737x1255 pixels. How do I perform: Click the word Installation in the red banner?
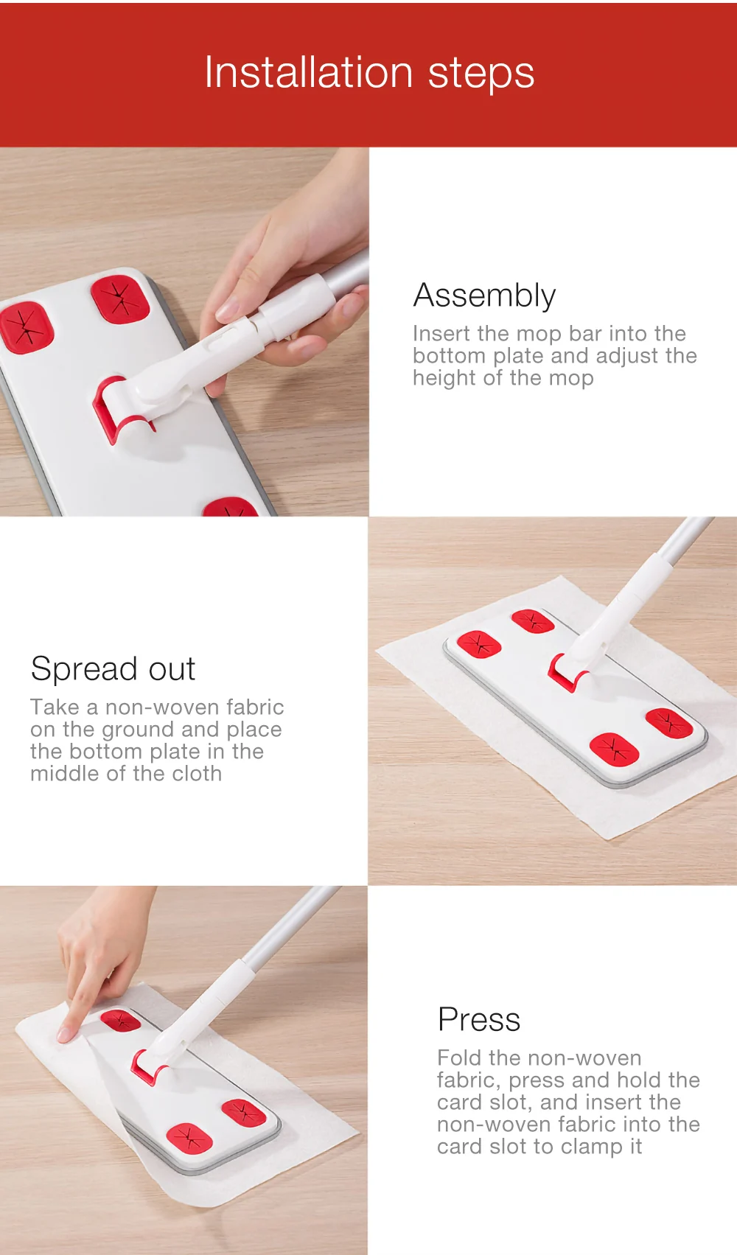(309, 72)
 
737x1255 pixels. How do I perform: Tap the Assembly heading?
(484, 296)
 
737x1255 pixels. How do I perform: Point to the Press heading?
(478, 1019)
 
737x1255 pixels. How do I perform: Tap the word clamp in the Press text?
(595, 1147)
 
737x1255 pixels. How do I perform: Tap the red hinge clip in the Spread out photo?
(563, 674)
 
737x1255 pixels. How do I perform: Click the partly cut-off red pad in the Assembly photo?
(230, 506)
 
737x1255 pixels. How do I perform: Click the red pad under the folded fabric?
(120, 1021)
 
